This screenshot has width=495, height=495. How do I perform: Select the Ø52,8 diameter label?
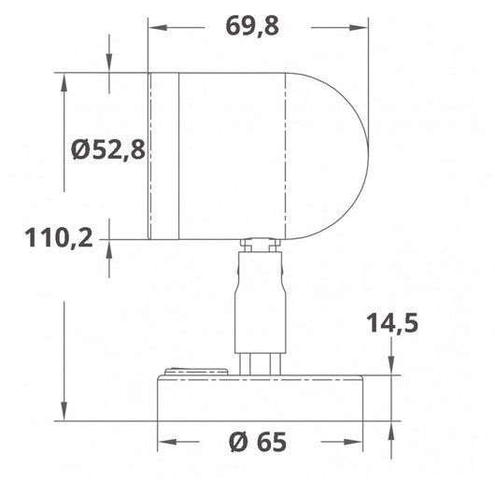(108, 148)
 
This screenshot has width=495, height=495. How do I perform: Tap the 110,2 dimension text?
(59, 239)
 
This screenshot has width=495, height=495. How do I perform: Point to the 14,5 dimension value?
(391, 323)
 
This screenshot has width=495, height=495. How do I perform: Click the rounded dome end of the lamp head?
(336, 155)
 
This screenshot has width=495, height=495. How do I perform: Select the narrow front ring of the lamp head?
(163, 155)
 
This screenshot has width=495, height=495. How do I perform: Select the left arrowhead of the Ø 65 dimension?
(163, 441)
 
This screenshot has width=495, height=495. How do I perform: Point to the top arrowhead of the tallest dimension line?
(64, 80)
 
